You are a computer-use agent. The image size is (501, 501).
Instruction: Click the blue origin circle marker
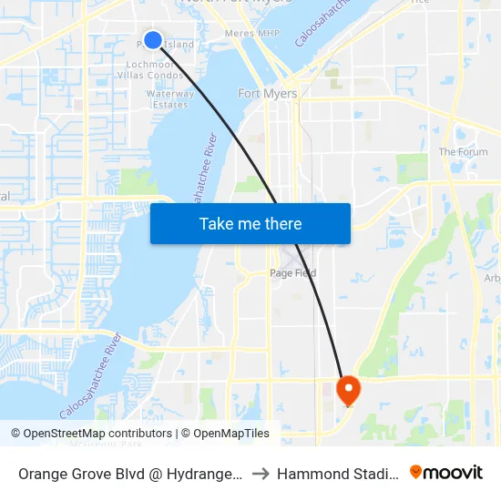[153, 39]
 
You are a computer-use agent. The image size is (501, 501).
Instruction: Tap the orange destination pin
[348, 391]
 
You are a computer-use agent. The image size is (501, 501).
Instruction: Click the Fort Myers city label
[267, 94]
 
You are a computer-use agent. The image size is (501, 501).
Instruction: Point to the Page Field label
[292, 273]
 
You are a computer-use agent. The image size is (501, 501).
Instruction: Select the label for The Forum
[463, 152]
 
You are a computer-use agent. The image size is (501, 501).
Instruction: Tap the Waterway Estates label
[170, 99]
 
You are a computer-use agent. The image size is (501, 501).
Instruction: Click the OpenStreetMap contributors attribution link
[97, 434]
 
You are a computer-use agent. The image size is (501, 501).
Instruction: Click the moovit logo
[445, 472]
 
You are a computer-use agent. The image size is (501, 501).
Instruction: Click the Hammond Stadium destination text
[337, 473]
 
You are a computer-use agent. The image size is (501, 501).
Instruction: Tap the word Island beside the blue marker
[179, 44]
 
